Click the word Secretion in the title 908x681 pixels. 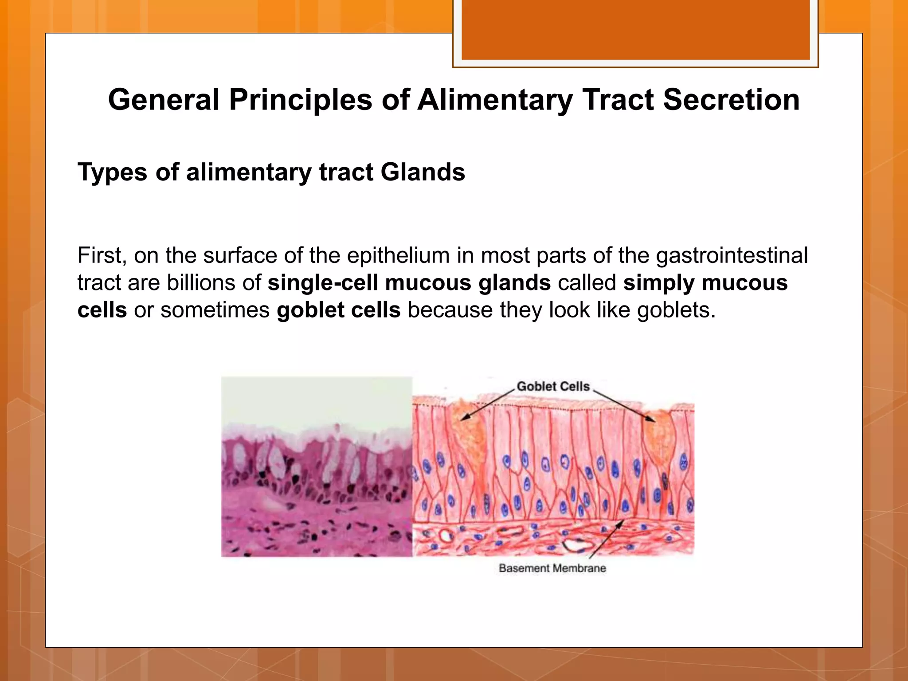coord(731,100)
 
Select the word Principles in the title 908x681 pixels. coord(300,100)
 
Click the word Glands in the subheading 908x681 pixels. coord(423,172)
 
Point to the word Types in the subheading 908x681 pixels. coord(112,172)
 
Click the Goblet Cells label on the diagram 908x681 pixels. coord(553,386)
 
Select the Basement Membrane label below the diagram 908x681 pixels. coord(552,568)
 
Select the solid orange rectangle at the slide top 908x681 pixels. coord(635,30)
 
